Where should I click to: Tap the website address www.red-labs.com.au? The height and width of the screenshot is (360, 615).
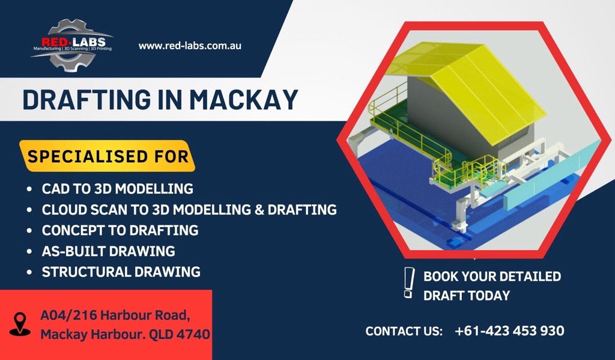pos(190,46)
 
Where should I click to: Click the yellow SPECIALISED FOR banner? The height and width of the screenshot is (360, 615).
pos(108,156)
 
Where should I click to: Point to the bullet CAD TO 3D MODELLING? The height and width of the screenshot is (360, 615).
pos(117,189)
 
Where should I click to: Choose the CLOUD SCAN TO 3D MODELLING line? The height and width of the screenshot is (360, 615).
pos(189,210)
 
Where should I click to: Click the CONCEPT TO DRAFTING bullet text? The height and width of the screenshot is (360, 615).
pos(120,230)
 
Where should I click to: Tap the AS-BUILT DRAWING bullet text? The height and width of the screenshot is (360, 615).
pos(108,251)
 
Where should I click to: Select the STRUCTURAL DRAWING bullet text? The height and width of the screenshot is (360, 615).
pos(121,272)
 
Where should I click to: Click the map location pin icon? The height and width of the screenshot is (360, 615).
pos(20,324)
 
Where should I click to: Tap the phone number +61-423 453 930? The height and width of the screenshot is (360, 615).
pos(509,331)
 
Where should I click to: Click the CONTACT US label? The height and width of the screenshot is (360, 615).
pos(404,331)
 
